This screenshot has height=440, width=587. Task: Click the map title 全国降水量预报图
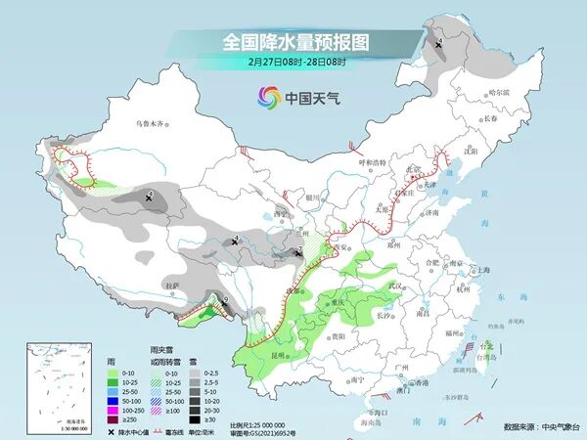[x=293, y=42]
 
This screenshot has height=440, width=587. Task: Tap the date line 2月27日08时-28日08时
[x=293, y=62]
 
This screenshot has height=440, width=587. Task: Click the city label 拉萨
[x=173, y=286]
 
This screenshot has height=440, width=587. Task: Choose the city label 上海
[x=481, y=271]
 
